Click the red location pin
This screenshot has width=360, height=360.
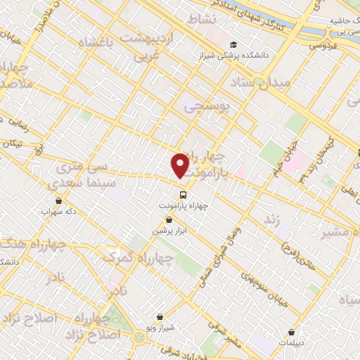[181, 165]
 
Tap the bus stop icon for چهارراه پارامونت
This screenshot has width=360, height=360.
[183, 195]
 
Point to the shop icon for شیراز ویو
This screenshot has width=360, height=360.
[160, 316]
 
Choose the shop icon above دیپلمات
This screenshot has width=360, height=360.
[293, 331]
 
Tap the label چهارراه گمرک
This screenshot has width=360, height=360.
[128, 257]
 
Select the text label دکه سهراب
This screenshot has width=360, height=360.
[56, 210]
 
